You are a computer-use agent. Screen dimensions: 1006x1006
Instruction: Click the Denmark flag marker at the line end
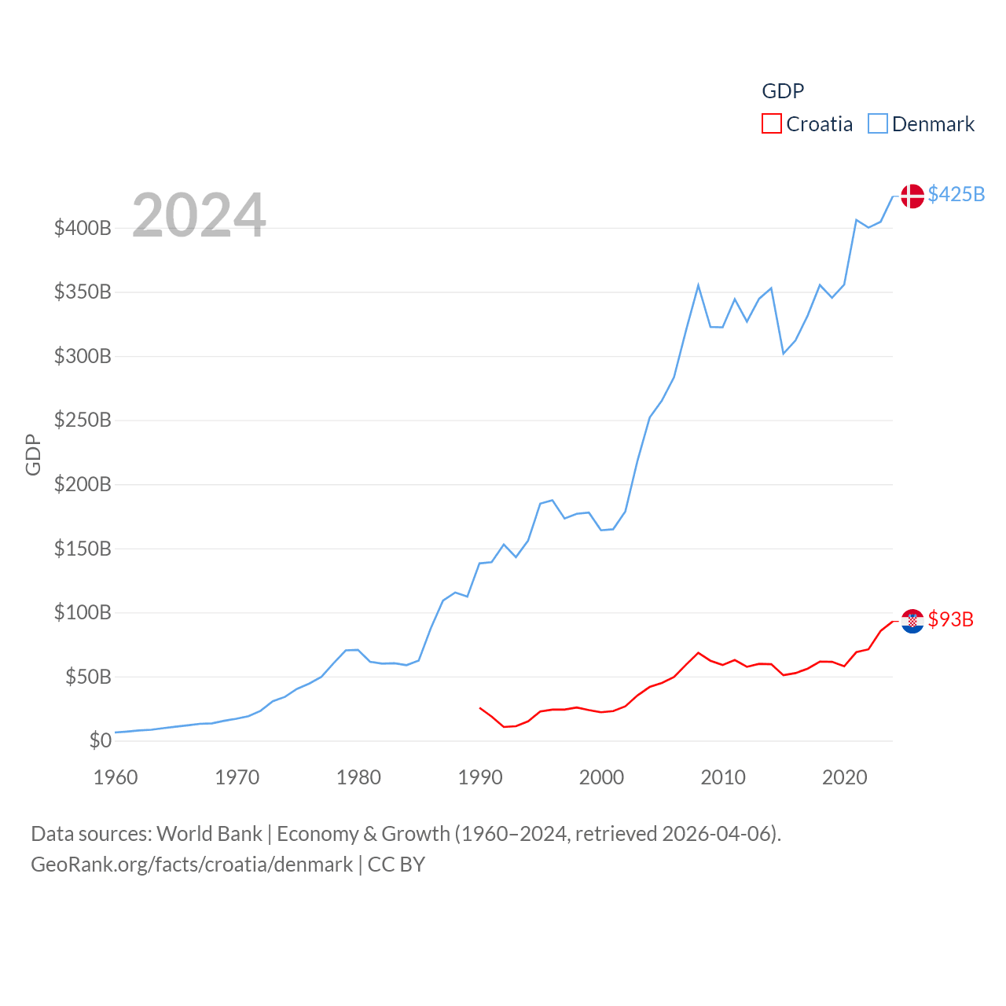[x=912, y=196]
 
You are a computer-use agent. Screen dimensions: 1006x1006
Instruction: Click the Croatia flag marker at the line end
[x=912, y=621]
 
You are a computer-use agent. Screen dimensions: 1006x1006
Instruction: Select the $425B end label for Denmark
[x=956, y=194]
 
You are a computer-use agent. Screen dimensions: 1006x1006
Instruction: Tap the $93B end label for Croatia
[x=950, y=619]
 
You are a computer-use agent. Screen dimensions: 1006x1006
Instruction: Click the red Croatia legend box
[x=772, y=124]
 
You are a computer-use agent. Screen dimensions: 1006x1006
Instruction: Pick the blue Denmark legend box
[x=878, y=124]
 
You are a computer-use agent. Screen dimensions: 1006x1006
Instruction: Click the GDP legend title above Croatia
[x=783, y=91]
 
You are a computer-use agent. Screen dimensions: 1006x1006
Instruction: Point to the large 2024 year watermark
[x=199, y=215]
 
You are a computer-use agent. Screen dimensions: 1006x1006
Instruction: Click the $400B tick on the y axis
[x=83, y=229]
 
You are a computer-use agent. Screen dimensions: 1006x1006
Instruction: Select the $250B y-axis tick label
[x=83, y=420]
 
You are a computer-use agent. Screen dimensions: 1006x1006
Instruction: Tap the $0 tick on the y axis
[x=101, y=740]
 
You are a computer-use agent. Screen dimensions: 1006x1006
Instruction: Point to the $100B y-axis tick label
[x=83, y=612]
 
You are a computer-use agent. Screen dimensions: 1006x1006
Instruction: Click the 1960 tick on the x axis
[x=116, y=777]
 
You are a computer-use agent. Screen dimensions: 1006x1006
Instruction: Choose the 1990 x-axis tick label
[x=479, y=777]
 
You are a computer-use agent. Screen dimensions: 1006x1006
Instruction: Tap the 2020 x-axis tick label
[x=844, y=777]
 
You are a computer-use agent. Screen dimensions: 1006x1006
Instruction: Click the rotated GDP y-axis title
[x=33, y=454]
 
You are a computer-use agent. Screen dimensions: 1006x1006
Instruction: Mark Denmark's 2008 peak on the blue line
[x=698, y=285]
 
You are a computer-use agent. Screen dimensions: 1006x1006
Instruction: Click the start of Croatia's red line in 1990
[x=479, y=707]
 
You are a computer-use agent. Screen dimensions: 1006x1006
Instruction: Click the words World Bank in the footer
[x=209, y=833]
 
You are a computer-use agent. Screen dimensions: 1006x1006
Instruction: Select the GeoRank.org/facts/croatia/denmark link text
[x=192, y=865]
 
